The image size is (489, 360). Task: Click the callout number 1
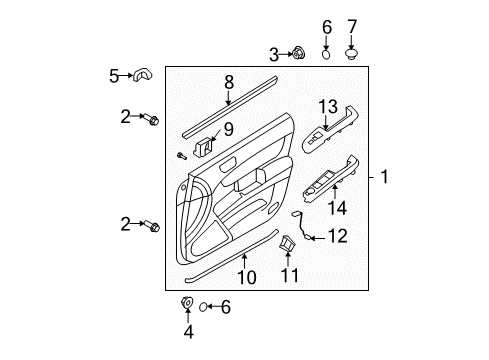[x=384, y=176]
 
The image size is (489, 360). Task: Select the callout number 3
[x=274, y=55]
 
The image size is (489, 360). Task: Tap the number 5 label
[x=114, y=76]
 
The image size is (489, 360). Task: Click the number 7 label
[x=352, y=27]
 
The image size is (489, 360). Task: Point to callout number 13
[x=328, y=107]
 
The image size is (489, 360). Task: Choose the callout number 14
[x=337, y=208]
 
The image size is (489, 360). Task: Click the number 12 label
[x=338, y=236]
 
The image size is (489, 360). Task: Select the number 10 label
[x=247, y=277]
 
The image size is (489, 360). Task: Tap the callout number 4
[x=188, y=332]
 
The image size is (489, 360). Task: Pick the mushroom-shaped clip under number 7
[x=351, y=53]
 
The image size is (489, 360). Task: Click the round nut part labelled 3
[x=298, y=53]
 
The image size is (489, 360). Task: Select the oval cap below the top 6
[x=327, y=54]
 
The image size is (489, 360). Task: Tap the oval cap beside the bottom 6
[x=203, y=307]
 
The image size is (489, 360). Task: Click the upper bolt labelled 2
[x=151, y=119]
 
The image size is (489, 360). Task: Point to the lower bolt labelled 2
[x=152, y=226]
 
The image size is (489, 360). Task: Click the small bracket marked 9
[x=202, y=148]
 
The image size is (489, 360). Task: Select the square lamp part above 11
[x=287, y=243]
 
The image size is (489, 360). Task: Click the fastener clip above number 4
[x=187, y=302]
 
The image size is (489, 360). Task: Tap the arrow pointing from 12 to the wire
[x=317, y=238]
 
